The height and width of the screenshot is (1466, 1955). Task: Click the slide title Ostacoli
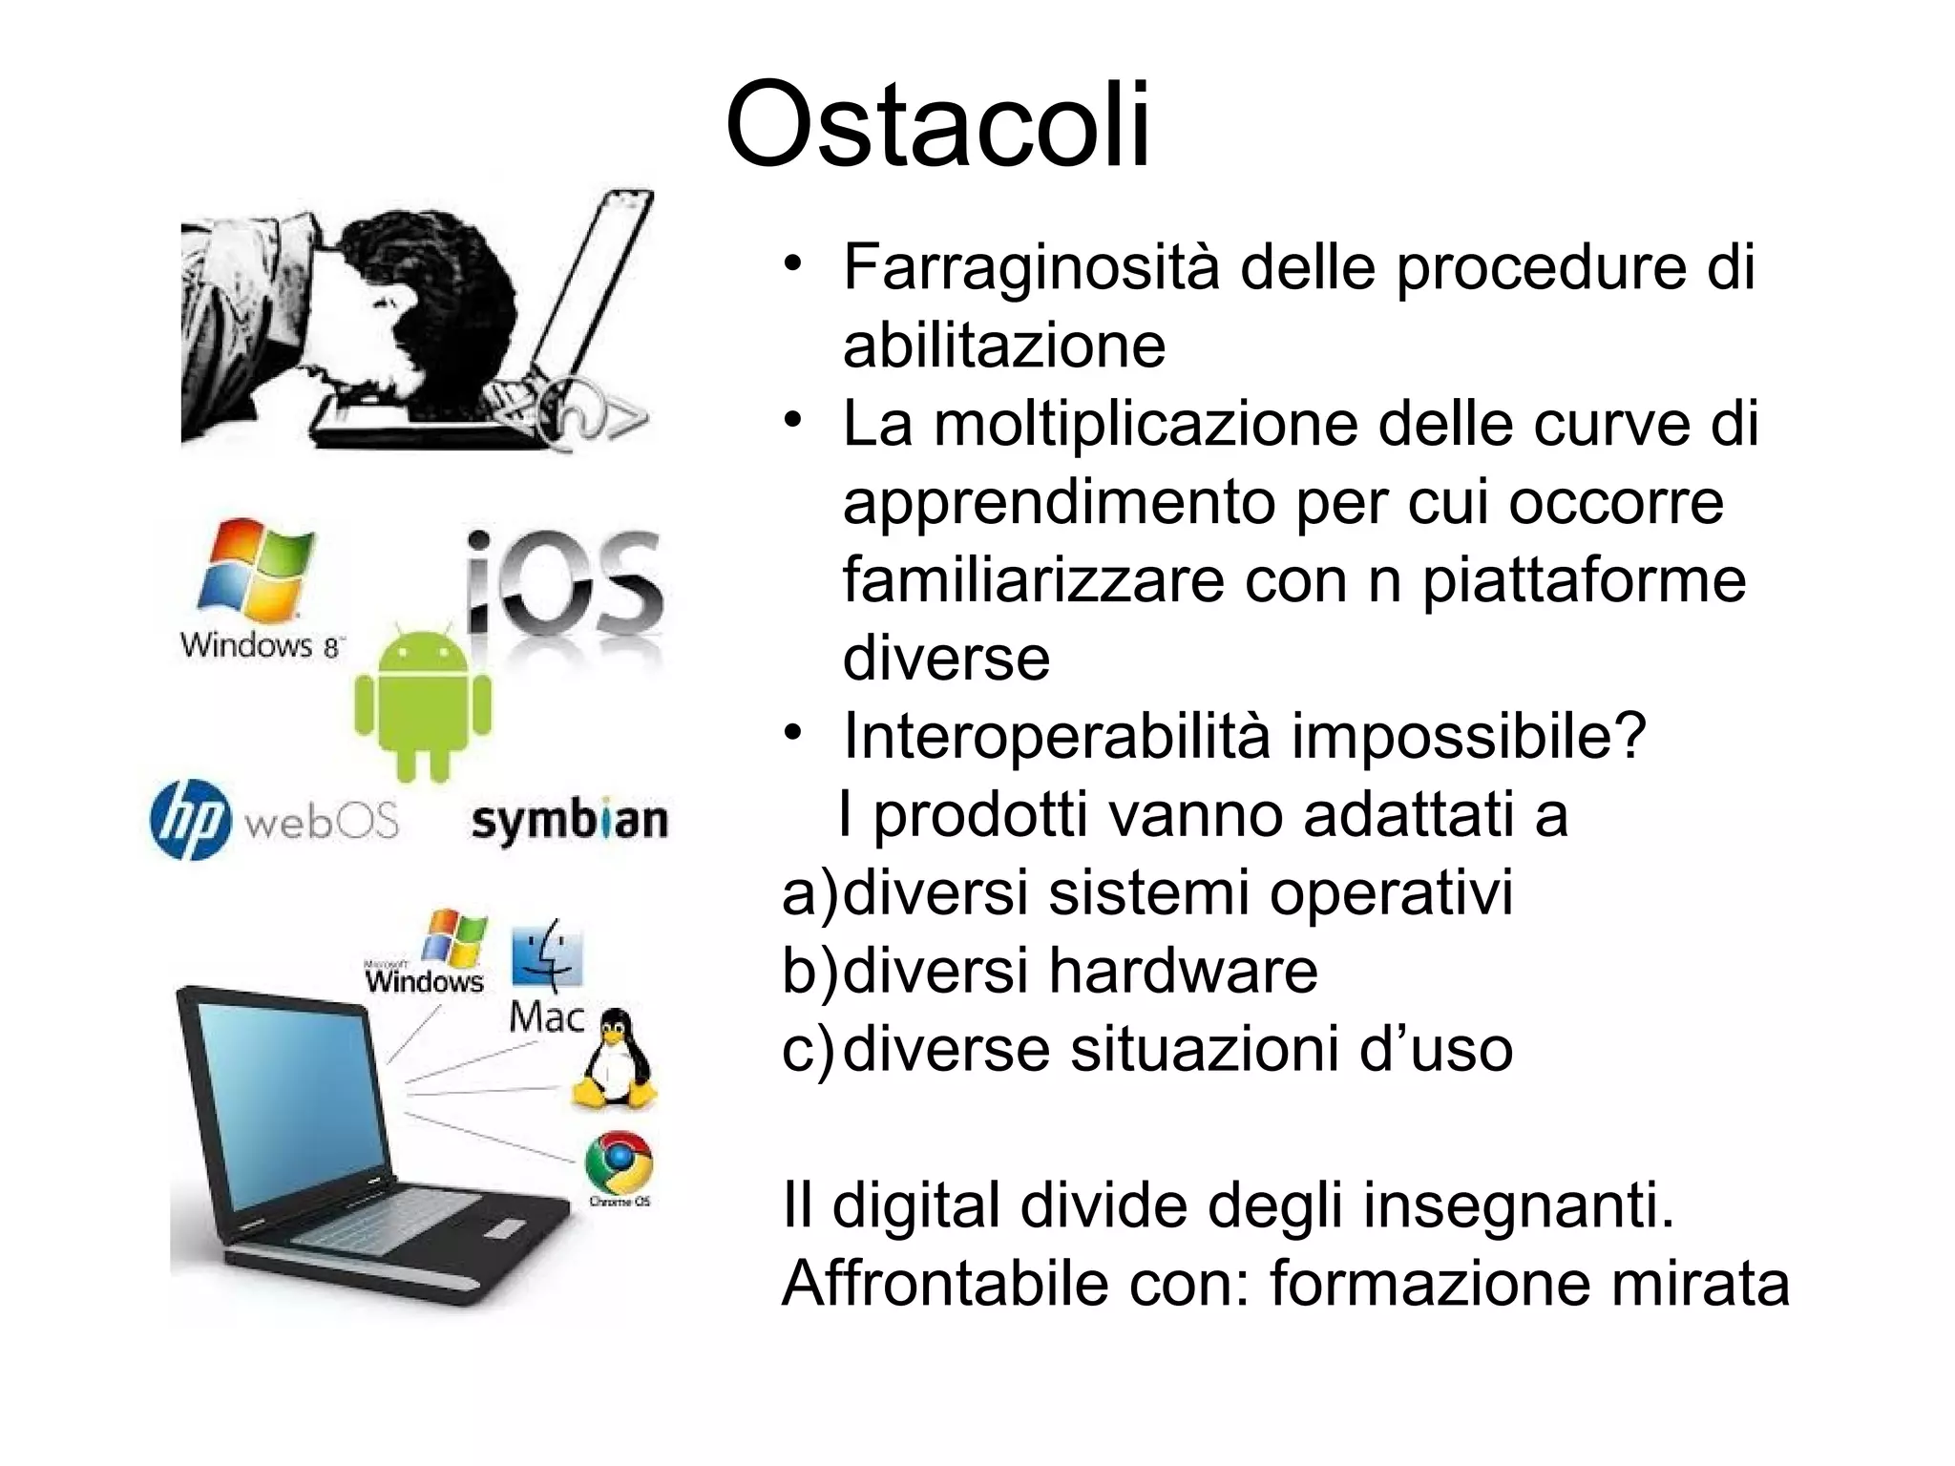pyautogui.click(x=938, y=125)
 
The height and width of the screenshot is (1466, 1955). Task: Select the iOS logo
pyautogui.click(x=565, y=583)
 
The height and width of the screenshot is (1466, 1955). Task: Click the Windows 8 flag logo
pyautogui.click(x=255, y=570)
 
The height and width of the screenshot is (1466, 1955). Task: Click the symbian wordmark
pyautogui.click(x=570, y=822)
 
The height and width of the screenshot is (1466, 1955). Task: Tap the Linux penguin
pyautogui.click(x=613, y=1060)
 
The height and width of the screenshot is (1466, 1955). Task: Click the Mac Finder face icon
pyautogui.click(x=546, y=955)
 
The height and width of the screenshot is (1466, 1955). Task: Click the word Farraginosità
pyautogui.click(x=1031, y=267)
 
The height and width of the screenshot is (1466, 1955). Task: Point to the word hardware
pyautogui.click(x=1183, y=972)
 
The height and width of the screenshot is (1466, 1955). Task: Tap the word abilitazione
pyautogui.click(x=1003, y=346)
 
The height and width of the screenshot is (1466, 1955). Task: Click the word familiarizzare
pyautogui.click(x=1033, y=580)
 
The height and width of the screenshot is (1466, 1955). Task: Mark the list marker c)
pyautogui.click(x=809, y=1050)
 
